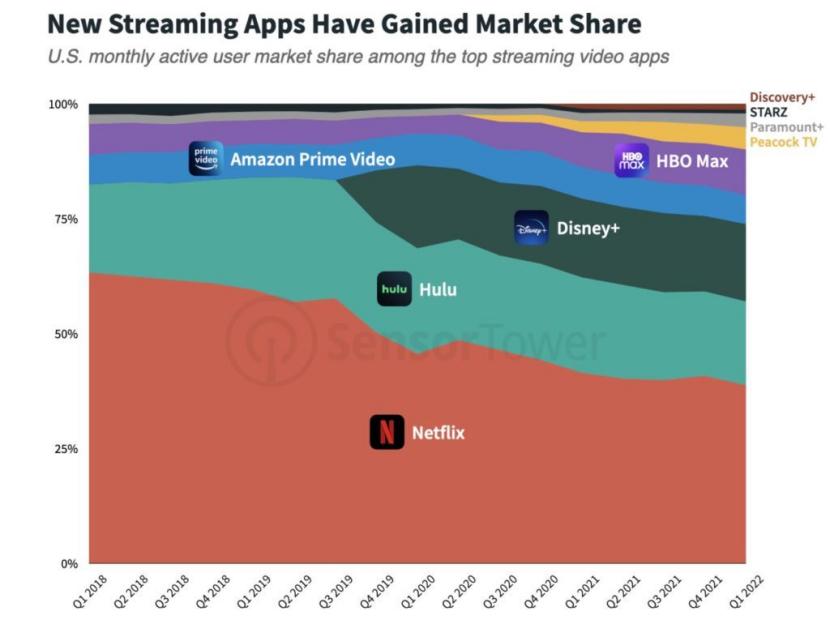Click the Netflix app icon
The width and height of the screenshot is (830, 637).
tap(387, 432)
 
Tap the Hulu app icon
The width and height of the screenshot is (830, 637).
tap(394, 289)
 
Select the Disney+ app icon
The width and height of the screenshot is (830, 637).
tap(531, 228)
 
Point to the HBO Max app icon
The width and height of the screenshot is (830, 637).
tap(631, 160)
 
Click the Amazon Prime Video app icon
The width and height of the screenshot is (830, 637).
tap(205, 158)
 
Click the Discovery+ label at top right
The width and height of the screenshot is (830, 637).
tap(782, 97)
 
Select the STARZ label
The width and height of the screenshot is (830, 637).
tap(769, 112)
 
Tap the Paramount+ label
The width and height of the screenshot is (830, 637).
tap(786, 127)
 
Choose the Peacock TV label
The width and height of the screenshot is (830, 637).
tap(783, 142)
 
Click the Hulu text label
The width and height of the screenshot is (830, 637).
tap(437, 289)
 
